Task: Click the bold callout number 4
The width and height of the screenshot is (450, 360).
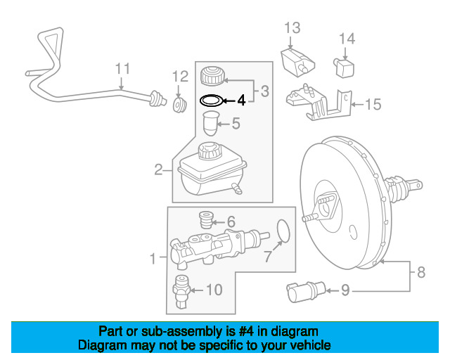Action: coord(241,101)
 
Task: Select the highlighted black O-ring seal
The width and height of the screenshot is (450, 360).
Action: coord(212,97)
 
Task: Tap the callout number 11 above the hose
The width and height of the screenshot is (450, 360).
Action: coord(122,69)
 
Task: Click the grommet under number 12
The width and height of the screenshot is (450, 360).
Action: coord(180,105)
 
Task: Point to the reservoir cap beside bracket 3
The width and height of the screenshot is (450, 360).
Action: coord(212,76)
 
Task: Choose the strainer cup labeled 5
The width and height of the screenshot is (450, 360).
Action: coord(211,124)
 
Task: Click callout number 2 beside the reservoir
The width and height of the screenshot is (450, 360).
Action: coord(158,169)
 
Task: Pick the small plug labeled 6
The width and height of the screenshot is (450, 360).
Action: coord(206,220)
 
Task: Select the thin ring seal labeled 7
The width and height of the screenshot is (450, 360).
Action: coord(283,231)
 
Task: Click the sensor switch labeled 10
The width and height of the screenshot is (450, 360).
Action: coord(181,292)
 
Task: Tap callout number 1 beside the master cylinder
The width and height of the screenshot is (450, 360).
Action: coord(153,258)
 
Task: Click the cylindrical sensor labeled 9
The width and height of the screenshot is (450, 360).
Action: coord(307,291)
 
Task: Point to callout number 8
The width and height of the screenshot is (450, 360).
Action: coord(421,272)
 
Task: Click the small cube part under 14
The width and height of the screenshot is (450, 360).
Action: coord(344,67)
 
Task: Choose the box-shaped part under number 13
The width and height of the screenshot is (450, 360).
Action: coord(297,63)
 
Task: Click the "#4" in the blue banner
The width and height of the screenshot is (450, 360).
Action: coord(246,332)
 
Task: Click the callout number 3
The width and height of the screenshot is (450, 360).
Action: coord(265,91)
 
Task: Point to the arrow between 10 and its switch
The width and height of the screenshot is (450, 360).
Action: coord(197,290)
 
